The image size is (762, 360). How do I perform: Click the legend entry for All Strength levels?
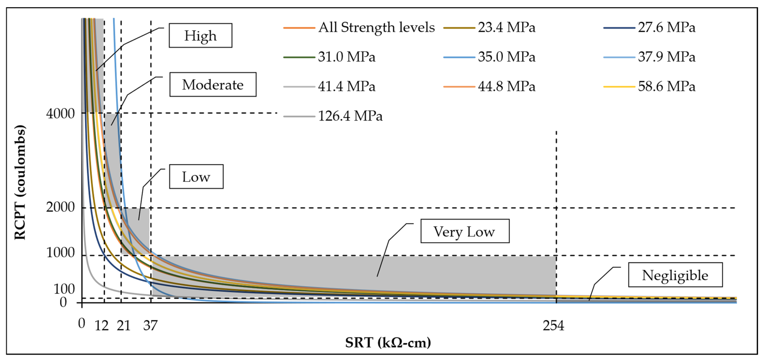point(359,27)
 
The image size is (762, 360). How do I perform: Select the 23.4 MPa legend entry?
point(489,27)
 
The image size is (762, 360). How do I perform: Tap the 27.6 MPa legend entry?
point(649,27)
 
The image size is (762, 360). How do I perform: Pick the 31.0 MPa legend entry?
point(329,57)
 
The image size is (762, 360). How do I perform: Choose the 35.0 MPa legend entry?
point(489,57)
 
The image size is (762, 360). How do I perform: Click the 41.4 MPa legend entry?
point(329,86)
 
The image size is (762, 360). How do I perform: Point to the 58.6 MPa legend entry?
point(649,86)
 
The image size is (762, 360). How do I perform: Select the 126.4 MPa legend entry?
point(333,116)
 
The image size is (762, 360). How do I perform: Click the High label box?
point(201,36)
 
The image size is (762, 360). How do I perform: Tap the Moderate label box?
point(213,85)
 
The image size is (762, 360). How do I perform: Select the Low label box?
point(196,177)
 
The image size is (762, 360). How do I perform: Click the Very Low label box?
point(465,231)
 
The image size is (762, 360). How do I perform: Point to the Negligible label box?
point(676,275)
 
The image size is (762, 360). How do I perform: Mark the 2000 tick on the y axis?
point(60,207)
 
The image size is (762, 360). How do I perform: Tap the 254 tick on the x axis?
point(554,326)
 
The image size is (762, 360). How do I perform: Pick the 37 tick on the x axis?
point(150,326)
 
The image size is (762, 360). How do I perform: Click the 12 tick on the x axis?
point(101,326)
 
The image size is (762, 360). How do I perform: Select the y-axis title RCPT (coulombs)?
point(20,182)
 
